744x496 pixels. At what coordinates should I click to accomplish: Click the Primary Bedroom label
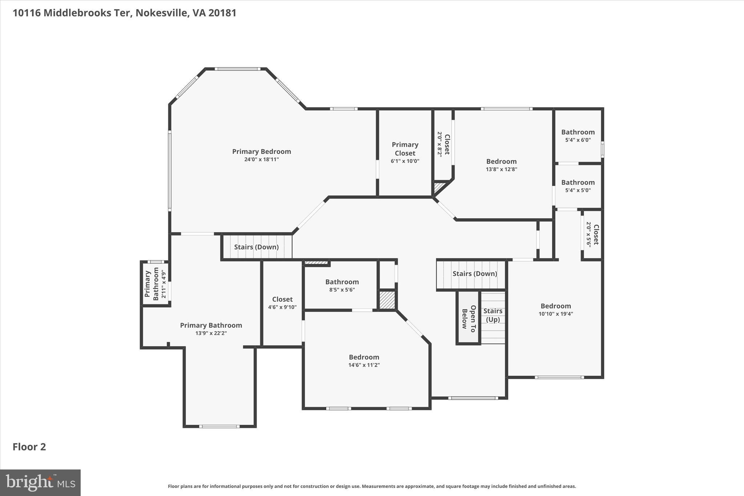click(x=262, y=152)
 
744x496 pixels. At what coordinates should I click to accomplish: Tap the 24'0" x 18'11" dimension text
click(x=262, y=160)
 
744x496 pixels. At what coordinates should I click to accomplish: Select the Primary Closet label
click(x=405, y=149)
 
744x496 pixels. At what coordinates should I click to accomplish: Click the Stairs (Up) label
click(x=493, y=315)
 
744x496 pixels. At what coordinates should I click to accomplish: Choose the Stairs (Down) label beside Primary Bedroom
click(x=256, y=247)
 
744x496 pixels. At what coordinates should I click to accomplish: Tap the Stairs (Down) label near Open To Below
click(x=474, y=274)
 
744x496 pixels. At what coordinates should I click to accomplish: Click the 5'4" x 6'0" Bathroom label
click(x=578, y=132)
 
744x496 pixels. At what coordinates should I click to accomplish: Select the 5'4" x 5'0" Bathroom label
click(x=578, y=182)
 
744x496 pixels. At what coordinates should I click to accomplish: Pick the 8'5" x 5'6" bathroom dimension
click(x=342, y=290)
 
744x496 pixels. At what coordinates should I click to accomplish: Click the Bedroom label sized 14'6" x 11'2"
click(x=364, y=357)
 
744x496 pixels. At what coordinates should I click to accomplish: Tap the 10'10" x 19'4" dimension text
click(x=555, y=314)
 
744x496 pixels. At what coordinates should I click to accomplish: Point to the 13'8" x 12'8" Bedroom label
click(x=501, y=161)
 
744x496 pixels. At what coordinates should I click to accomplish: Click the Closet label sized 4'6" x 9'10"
click(x=282, y=299)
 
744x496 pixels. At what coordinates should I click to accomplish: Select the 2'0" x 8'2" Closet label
click(x=447, y=144)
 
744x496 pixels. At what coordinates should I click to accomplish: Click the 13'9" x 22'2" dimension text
click(x=211, y=333)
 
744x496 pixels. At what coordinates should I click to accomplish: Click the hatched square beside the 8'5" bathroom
click(x=387, y=300)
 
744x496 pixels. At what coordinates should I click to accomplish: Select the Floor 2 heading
click(x=29, y=447)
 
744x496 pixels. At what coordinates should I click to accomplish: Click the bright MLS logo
click(x=40, y=483)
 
